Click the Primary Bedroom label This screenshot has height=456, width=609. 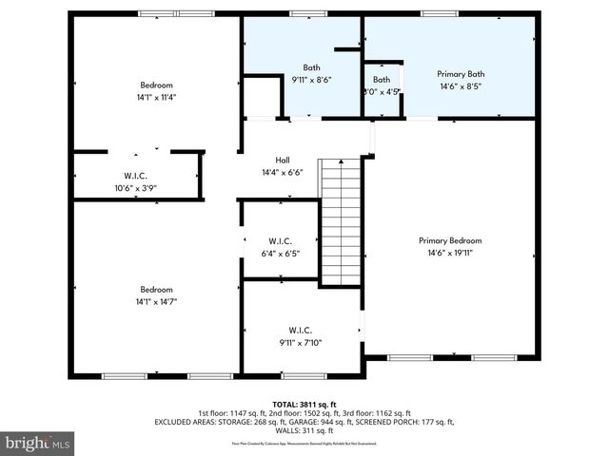coord(450,240)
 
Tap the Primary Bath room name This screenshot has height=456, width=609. coord(461,73)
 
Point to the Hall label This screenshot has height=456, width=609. coord(283,160)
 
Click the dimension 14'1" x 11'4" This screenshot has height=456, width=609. coord(157,96)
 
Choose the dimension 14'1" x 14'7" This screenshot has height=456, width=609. coord(157,300)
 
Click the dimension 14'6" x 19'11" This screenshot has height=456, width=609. coord(450,253)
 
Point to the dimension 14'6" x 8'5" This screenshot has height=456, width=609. coord(461,85)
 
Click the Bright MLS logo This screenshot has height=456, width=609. coord(38,442)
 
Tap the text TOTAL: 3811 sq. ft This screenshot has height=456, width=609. coord(304,404)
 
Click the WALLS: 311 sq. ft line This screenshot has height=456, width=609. coord(304,430)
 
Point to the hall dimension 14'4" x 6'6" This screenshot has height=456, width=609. coord(283,172)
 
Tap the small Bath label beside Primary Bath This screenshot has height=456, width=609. coord(382,80)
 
